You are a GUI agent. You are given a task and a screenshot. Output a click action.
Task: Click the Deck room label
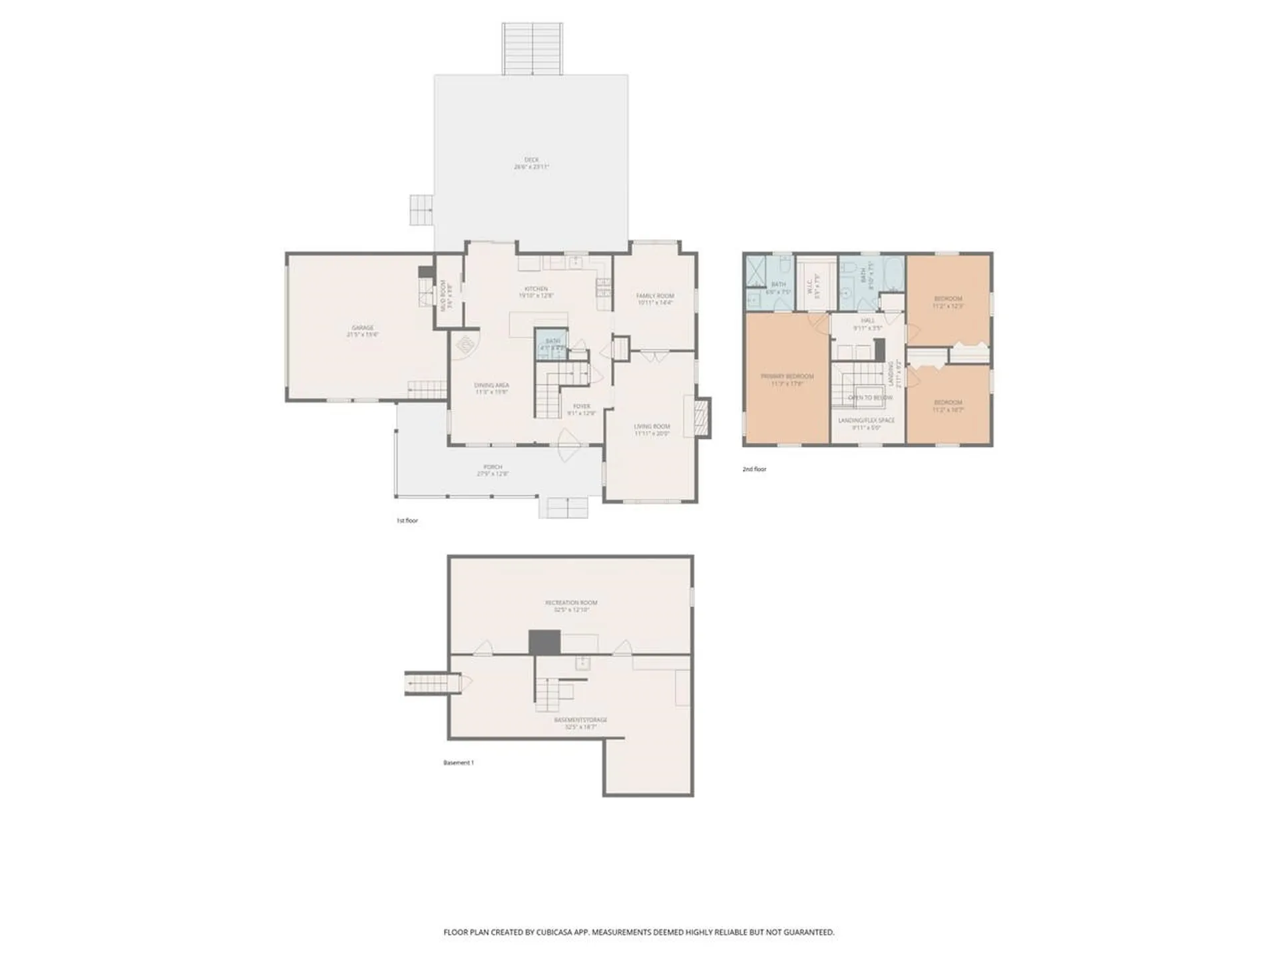click(x=531, y=163)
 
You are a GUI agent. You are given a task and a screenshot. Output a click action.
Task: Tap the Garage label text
click(x=363, y=331)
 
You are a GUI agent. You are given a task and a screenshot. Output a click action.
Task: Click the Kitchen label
click(x=536, y=292)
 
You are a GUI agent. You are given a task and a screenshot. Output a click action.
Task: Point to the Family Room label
click(x=655, y=299)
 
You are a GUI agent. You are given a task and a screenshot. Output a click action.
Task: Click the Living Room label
click(x=652, y=430)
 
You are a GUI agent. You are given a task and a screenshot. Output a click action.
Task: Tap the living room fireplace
click(x=702, y=418)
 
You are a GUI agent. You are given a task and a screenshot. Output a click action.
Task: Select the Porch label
click(x=493, y=470)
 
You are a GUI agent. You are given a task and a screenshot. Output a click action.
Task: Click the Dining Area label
click(x=492, y=389)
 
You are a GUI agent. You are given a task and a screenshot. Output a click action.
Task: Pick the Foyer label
click(x=581, y=409)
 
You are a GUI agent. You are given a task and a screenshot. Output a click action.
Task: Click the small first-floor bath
click(x=552, y=345)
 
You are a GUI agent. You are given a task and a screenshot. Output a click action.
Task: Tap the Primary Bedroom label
click(x=787, y=379)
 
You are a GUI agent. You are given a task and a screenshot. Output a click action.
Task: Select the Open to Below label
click(x=870, y=398)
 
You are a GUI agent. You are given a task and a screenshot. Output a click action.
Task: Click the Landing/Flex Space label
click(x=867, y=424)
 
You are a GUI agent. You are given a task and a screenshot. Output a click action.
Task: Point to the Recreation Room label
click(x=571, y=605)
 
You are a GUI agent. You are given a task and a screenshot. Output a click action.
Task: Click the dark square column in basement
click(x=544, y=643)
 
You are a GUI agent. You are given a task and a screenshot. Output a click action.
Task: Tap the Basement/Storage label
click(x=580, y=723)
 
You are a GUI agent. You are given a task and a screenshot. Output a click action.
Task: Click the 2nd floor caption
click(x=754, y=469)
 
